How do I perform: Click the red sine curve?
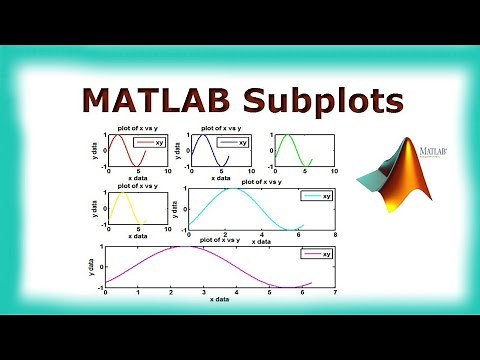pyautogui.click(x=119, y=150)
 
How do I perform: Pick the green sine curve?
pyautogui.click(x=290, y=150)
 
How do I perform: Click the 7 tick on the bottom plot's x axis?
pyautogui.click(x=336, y=293)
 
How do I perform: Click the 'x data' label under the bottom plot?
pyautogui.click(x=211, y=299)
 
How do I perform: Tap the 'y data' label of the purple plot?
pyautogui.click(x=92, y=266)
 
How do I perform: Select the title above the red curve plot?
pyautogui.click(x=136, y=128)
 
